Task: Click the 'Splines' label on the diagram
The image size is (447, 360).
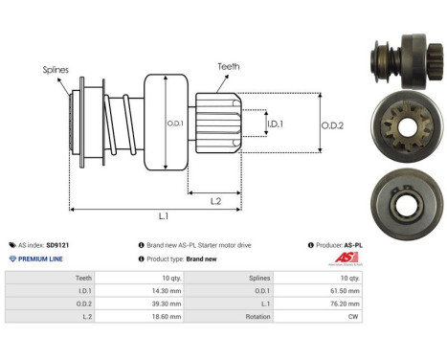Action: coord(56,70)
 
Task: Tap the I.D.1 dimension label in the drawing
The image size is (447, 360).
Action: coord(274,124)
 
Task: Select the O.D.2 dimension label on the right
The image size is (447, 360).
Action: coord(333,122)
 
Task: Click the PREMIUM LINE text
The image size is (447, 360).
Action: coord(40,259)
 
